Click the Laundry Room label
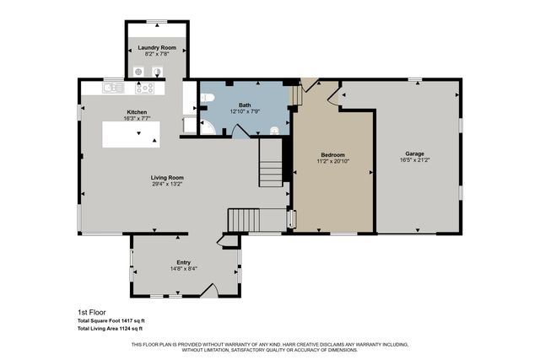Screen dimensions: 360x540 157,48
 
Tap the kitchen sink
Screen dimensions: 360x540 112,87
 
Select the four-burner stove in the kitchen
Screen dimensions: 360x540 145,88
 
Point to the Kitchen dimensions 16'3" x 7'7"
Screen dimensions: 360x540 138,120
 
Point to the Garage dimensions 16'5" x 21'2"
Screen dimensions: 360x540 414,160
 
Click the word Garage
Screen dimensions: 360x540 414,153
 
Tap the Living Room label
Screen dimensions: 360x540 167,178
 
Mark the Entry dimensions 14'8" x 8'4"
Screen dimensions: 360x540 183,269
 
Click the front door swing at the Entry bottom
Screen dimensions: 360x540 211,290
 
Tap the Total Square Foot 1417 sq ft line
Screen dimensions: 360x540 111,320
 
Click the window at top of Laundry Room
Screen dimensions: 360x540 157,21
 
